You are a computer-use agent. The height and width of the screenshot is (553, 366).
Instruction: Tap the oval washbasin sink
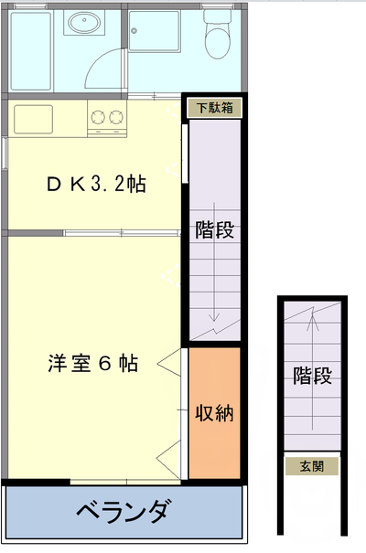click(84, 22)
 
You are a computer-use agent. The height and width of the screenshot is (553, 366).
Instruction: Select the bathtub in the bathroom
click(31, 51)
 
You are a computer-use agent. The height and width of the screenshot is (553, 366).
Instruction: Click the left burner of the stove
click(98, 117)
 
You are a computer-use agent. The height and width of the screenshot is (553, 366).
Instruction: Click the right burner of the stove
click(116, 117)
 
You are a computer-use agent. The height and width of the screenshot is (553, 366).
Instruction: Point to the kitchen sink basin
click(34, 119)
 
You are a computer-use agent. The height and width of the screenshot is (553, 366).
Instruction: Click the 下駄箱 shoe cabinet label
click(215, 108)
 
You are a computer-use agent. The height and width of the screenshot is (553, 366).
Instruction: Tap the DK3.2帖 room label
click(96, 184)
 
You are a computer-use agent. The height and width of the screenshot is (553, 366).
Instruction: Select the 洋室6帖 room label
click(92, 363)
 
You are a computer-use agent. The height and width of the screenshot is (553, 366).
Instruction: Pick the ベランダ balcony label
click(123, 511)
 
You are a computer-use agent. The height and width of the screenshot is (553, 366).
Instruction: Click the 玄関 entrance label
click(312, 466)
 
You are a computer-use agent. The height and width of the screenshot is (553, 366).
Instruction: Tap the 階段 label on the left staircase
click(215, 229)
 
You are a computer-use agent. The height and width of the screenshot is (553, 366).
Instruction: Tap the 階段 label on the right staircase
click(312, 376)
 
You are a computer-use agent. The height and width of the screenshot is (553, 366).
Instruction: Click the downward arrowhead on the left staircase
click(214, 316)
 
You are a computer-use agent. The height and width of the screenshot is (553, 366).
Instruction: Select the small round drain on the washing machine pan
click(134, 31)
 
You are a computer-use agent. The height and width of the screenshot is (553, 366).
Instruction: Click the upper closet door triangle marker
click(169, 363)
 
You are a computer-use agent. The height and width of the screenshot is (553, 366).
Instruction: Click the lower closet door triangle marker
click(168, 459)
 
